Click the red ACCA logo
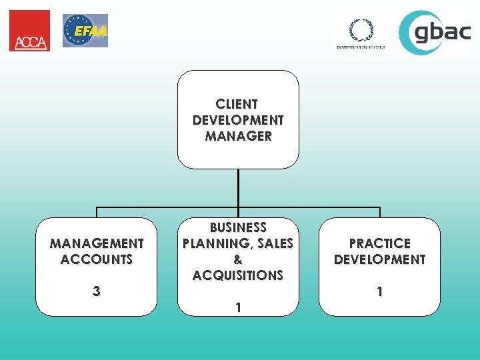pyautogui.click(x=29, y=31)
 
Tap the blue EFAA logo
pyautogui.click(x=85, y=31)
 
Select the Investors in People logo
pyautogui.click(x=360, y=33)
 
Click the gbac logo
pyautogui.click(x=435, y=32)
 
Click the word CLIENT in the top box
pyautogui.click(x=237, y=104)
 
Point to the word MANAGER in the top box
pyautogui.click(x=238, y=136)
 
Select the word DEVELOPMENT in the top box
pyautogui.click(x=238, y=120)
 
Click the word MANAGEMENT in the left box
pyautogui.click(x=97, y=243)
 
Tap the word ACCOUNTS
pyautogui.click(x=97, y=259)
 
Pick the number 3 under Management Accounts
pyautogui.click(x=97, y=291)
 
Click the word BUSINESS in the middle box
pyautogui.click(x=238, y=227)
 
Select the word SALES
pyautogui.click(x=275, y=243)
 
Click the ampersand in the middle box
pyautogui.click(x=238, y=259)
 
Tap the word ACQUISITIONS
pyautogui.click(x=238, y=275)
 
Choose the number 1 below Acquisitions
pyautogui.click(x=238, y=307)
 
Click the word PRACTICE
pyautogui.click(x=379, y=243)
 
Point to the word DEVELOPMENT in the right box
pyautogui.click(x=379, y=259)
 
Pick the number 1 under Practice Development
pyautogui.click(x=379, y=291)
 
